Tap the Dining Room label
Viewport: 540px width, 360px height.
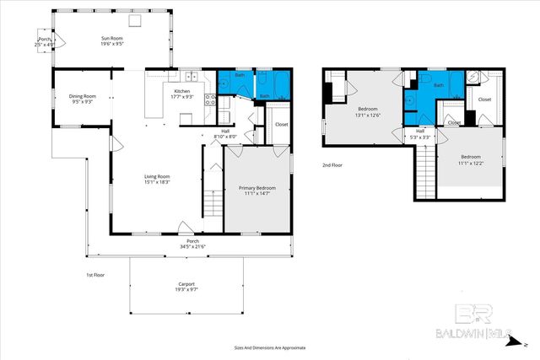click(82, 96)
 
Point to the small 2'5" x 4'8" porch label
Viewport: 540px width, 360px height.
click(44, 44)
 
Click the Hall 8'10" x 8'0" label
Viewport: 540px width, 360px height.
click(225, 135)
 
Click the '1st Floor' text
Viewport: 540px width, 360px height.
click(96, 276)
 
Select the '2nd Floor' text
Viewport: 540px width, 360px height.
click(333, 164)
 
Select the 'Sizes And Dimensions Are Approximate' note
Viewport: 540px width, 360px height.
click(270, 347)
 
